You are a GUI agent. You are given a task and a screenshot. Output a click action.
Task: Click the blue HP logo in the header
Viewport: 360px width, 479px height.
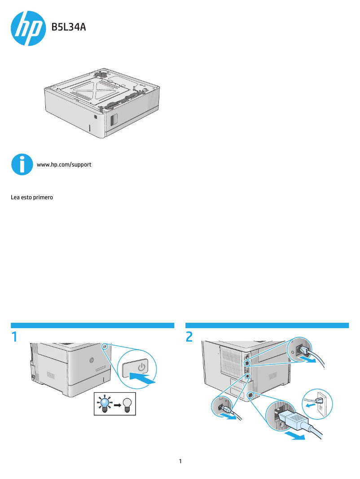28,28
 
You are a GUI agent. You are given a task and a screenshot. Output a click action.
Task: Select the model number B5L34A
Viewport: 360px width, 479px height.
69,28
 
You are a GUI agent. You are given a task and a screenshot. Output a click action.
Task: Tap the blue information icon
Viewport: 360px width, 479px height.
22,164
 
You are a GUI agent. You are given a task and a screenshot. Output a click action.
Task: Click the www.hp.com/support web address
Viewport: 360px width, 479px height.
64,165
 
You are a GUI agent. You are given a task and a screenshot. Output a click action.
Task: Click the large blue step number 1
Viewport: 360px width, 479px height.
15,337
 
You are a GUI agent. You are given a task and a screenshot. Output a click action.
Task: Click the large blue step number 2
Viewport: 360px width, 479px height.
189,337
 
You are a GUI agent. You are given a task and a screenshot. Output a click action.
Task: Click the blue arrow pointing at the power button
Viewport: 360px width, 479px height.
144,379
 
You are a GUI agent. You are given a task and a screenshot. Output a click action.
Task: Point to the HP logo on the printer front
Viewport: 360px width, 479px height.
91,360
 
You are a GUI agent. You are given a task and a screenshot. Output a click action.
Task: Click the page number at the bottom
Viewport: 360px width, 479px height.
180,461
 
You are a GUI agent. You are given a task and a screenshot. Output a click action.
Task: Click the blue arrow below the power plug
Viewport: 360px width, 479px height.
297,436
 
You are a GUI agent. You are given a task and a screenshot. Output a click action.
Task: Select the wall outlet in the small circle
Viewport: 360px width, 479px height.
320,406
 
